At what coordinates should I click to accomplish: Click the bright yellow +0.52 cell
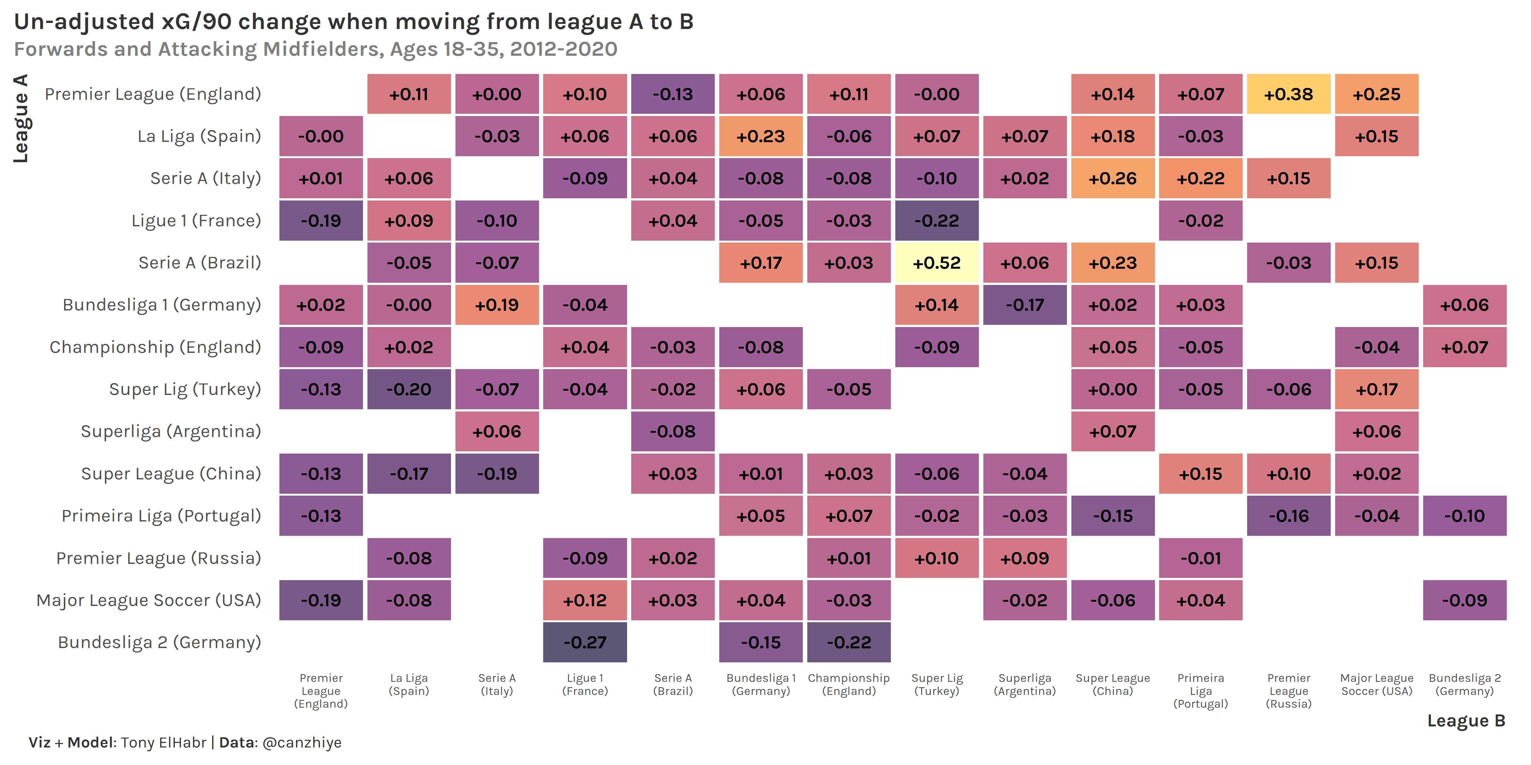coord(937,263)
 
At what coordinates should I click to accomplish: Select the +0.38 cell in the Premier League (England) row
coord(1289,94)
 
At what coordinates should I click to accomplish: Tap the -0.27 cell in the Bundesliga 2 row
coord(585,642)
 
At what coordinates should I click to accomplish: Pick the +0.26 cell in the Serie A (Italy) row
coord(1113,178)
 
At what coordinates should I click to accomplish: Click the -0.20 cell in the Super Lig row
coord(409,389)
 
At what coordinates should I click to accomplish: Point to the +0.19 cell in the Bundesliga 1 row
coord(497,305)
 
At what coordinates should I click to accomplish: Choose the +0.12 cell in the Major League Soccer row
coord(585,600)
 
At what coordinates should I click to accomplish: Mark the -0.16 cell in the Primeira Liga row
coord(1289,515)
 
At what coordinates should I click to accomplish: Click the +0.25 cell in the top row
coord(1377,94)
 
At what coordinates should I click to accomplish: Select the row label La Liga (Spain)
coord(199,136)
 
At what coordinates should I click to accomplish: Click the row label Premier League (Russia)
coord(159,558)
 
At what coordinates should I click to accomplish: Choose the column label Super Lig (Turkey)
coord(937,684)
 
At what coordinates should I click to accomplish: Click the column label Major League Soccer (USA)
coord(1377,684)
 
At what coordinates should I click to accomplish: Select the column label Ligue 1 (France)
coord(585,684)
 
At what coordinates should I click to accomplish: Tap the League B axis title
coord(1466,720)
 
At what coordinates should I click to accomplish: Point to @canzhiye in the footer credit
coord(302,742)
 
